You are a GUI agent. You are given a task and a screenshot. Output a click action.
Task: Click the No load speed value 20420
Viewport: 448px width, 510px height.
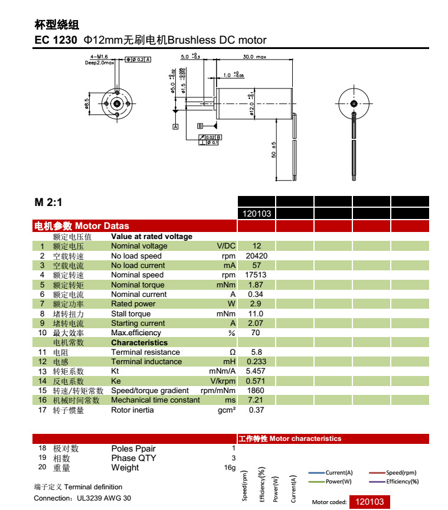point(256,256)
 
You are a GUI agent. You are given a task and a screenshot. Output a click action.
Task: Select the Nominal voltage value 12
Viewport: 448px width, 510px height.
point(256,246)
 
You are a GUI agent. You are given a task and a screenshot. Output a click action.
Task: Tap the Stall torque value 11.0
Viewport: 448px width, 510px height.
point(256,313)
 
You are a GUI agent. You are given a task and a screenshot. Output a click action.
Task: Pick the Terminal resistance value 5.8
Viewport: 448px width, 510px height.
point(256,352)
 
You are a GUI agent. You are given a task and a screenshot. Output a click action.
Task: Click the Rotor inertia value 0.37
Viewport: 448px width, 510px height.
point(256,410)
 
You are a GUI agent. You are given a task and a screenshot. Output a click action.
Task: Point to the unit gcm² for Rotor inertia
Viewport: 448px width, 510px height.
point(227,410)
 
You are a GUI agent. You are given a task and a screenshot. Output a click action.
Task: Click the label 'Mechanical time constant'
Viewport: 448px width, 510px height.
point(155,400)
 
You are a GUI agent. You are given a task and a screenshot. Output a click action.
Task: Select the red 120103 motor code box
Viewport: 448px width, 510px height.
point(369,502)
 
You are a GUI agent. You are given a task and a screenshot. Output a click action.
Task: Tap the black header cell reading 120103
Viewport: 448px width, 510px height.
point(256,214)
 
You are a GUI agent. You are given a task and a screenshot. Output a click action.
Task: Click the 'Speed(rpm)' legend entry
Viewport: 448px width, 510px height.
point(401,473)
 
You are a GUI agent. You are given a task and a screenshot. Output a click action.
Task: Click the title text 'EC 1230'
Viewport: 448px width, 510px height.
point(56,41)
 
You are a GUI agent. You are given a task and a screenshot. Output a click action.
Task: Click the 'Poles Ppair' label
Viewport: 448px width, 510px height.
point(133,449)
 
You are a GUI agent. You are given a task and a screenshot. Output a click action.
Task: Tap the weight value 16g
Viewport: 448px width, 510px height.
point(230,468)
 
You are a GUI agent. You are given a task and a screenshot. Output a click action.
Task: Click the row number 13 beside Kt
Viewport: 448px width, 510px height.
point(42,371)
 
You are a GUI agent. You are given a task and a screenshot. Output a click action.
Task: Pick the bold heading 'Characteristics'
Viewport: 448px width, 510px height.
point(139,342)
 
